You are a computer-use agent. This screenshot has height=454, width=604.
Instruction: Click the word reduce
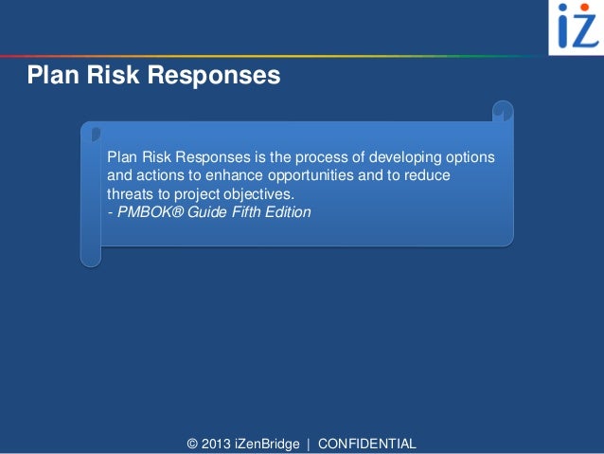coord(427,175)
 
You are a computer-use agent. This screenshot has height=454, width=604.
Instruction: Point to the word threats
coord(131,194)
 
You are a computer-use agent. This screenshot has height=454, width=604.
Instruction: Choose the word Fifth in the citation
coord(244,212)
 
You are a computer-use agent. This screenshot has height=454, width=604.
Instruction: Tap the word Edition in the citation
coord(288,212)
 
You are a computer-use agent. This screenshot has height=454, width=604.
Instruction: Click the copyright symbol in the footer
coord(194,444)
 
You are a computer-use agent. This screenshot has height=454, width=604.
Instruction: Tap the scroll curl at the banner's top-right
coord(502,113)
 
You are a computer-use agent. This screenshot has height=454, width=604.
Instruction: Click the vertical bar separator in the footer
coord(309,444)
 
